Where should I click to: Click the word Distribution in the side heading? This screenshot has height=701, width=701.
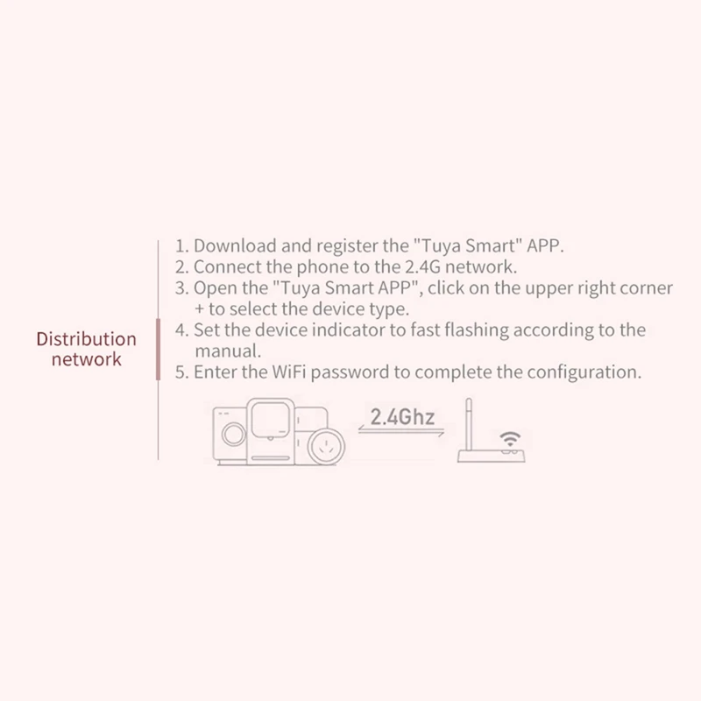(x=86, y=338)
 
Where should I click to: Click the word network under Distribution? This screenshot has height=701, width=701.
(x=86, y=359)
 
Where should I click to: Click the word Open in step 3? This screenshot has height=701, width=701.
(x=213, y=288)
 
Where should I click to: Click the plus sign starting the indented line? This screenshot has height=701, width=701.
(x=199, y=309)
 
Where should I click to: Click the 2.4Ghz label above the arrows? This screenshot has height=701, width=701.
(x=402, y=415)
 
